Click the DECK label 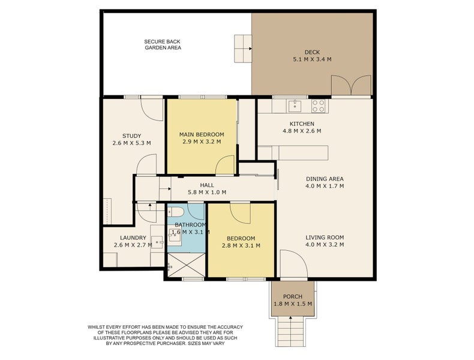coord(312,52)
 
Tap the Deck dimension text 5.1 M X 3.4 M coord(312,59)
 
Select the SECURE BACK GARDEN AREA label coord(163,45)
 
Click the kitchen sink coord(295,106)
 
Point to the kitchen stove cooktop coord(319,106)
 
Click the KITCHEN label coord(302,124)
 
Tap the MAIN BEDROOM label coord(202,134)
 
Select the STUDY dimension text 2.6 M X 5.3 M coord(131,143)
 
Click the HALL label coord(207,185)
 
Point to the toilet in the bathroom coord(175,211)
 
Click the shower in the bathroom coord(186,265)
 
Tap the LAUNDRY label coord(133,238)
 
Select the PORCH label coord(293,296)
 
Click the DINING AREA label coord(325,179)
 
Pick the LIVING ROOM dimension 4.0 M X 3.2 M coord(325,245)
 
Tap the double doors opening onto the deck coord(351,85)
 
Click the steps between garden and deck coord(243,49)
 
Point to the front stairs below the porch coord(290,331)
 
